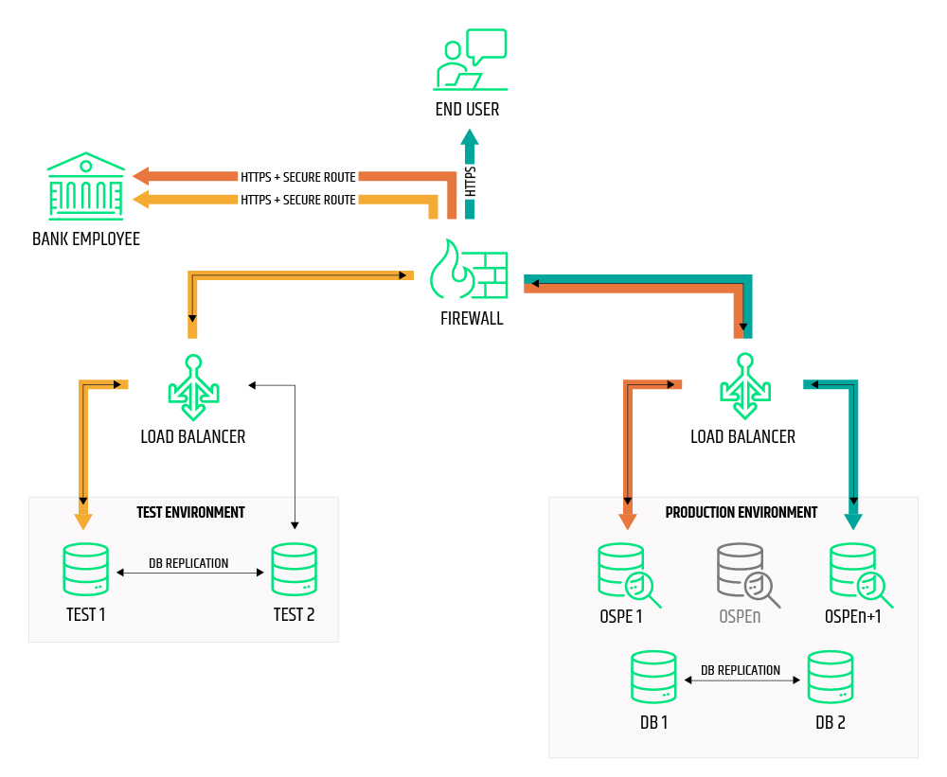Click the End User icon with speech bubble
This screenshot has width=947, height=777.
[x=471, y=61]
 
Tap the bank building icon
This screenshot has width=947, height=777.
[x=86, y=185]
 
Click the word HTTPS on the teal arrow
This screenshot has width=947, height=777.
[x=471, y=181]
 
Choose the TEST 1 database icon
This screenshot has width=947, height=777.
[x=85, y=569]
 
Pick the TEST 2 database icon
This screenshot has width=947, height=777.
[x=294, y=569]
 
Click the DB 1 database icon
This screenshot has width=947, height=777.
[x=653, y=677]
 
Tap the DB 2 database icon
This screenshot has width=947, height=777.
[x=831, y=677]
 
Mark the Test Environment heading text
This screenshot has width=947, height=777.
[x=190, y=512]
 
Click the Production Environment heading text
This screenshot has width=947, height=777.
[x=741, y=512]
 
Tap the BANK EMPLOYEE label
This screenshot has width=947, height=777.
[x=86, y=239]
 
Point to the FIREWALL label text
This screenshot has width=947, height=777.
[x=472, y=319]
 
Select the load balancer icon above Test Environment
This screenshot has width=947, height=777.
[x=193, y=387]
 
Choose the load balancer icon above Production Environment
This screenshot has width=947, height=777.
[x=745, y=386]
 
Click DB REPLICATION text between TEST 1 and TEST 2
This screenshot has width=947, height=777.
[x=188, y=563]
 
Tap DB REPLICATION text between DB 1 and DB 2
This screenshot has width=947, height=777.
[x=741, y=670]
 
